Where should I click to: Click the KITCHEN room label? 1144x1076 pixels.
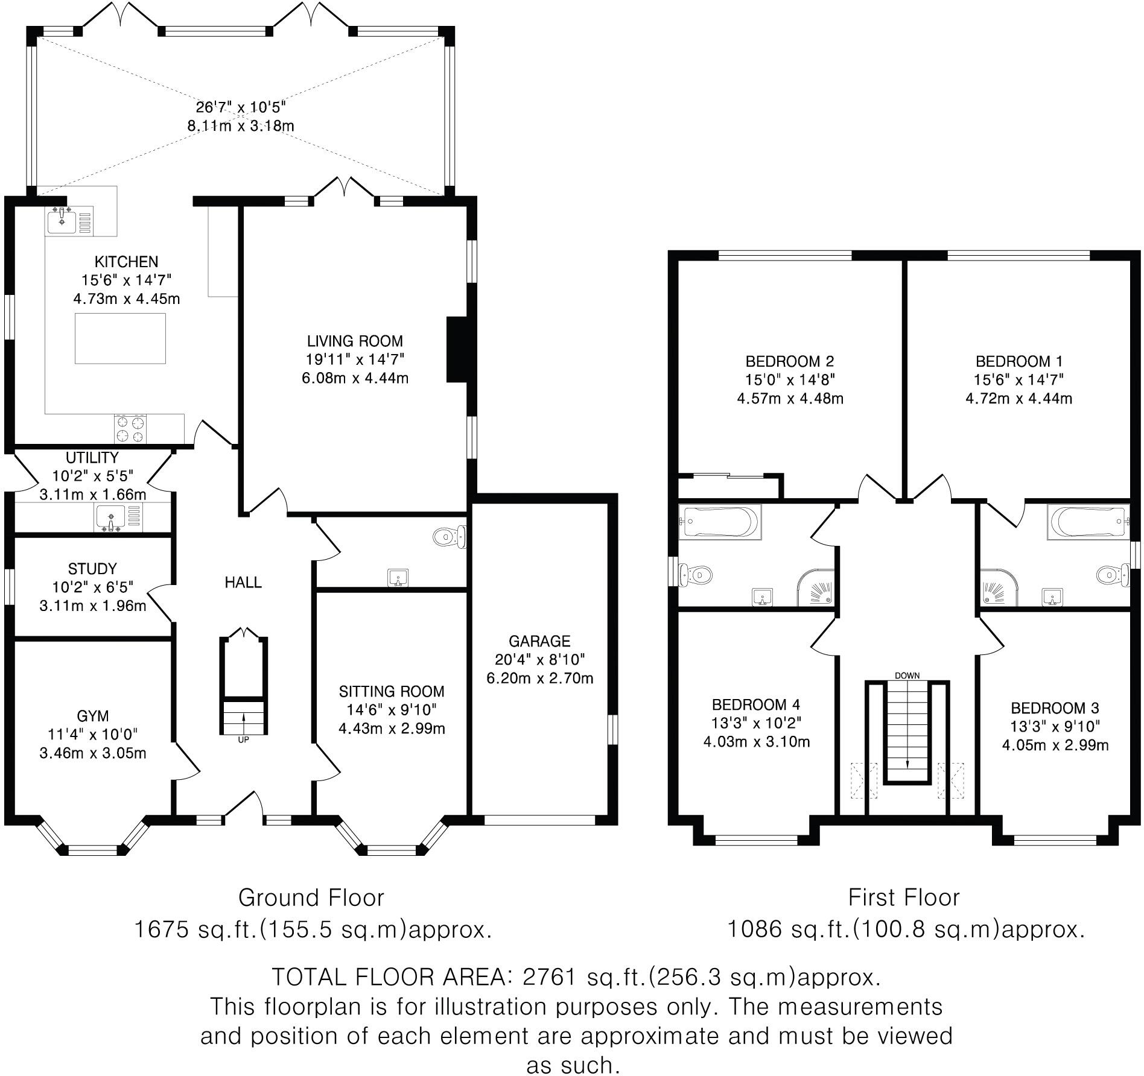(127, 262)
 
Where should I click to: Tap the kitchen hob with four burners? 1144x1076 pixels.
(130, 429)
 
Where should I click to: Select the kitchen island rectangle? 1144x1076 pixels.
(120, 338)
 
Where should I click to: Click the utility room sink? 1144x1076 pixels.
(110, 519)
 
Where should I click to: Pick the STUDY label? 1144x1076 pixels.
(92, 569)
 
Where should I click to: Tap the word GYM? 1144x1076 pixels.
(93, 716)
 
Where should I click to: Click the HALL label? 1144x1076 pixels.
(243, 582)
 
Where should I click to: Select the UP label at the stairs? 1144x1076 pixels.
(243, 739)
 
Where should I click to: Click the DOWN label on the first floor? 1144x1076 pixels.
(907, 676)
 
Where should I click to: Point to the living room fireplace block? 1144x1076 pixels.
(457, 350)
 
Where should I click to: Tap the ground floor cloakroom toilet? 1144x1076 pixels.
(450, 536)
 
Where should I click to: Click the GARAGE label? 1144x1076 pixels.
(539, 641)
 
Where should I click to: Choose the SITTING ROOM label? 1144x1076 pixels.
(392, 691)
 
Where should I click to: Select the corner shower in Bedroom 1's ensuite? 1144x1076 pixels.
(999, 587)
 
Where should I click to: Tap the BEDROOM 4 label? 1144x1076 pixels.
(756, 704)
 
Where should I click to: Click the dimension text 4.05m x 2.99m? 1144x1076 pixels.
(1055, 745)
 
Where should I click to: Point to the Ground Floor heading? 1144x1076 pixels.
(311, 898)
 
